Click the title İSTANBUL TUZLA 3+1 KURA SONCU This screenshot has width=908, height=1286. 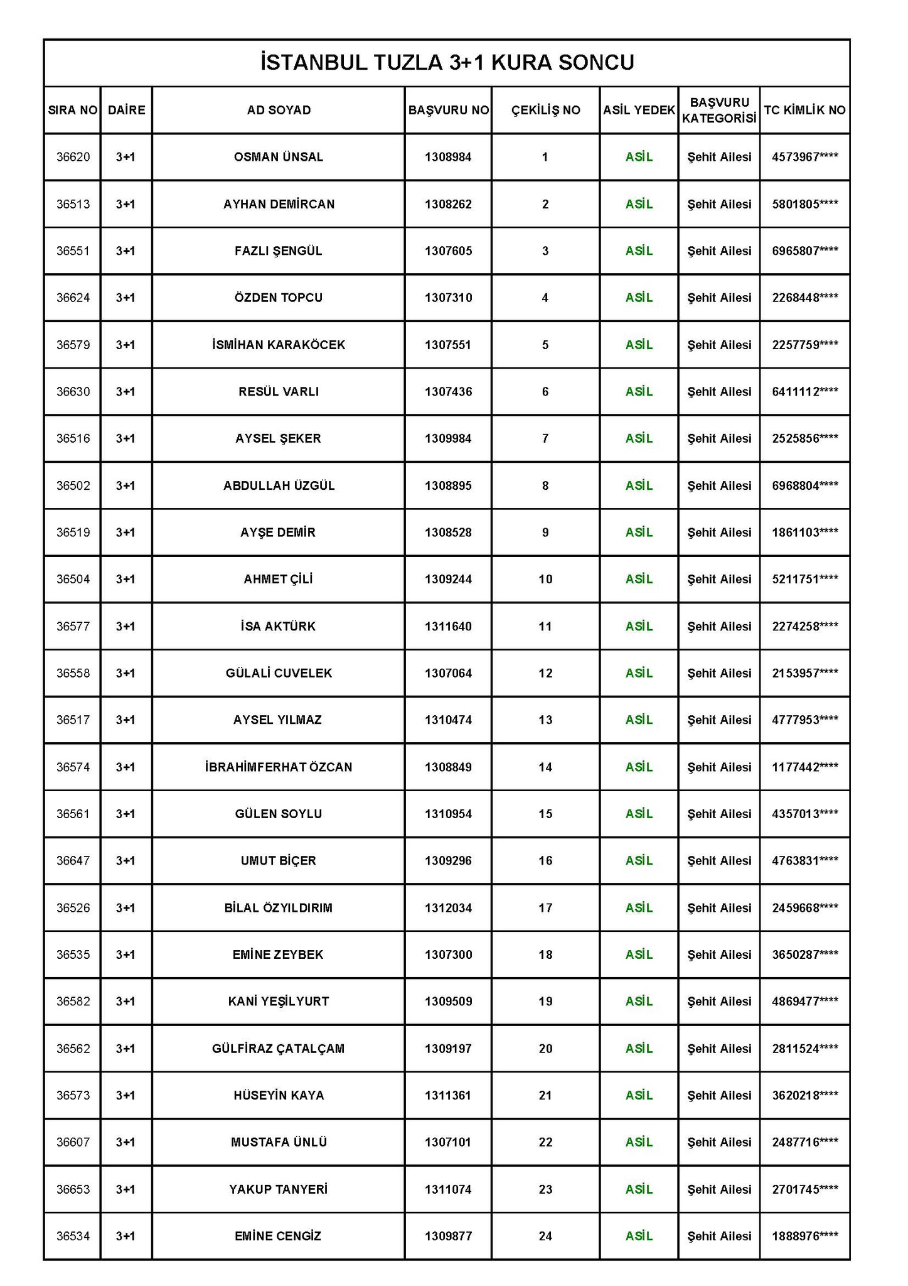pos(447,63)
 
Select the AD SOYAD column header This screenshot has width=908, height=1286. pos(279,111)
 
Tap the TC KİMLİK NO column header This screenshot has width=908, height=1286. pos(804,111)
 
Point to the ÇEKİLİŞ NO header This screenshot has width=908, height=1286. pos(545,111)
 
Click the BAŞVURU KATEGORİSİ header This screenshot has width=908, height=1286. pos(719,111)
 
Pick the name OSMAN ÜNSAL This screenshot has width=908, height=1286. pos(279,157)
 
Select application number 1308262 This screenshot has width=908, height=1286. pos(448,204)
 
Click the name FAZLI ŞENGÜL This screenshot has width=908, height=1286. pos(279,251)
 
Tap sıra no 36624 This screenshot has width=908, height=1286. pos(73,298)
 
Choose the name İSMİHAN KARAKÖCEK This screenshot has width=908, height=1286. pos(279,345)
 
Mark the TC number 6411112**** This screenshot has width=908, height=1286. pos(804,392)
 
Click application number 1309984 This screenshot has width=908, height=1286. pos(448,438)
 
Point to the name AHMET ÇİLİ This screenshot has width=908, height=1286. pos(279,579)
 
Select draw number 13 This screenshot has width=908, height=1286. pos(545,720)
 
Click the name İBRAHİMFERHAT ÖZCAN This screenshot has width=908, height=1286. pos(279,767)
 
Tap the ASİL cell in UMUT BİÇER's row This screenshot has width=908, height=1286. pos(639,860)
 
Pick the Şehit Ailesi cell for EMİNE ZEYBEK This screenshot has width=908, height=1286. pos(719,954)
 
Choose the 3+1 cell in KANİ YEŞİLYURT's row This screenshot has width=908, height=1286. pos(126,1002)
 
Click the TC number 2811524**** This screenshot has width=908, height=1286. pos(804,1049)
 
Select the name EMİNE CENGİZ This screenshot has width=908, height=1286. pos(279,1236)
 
